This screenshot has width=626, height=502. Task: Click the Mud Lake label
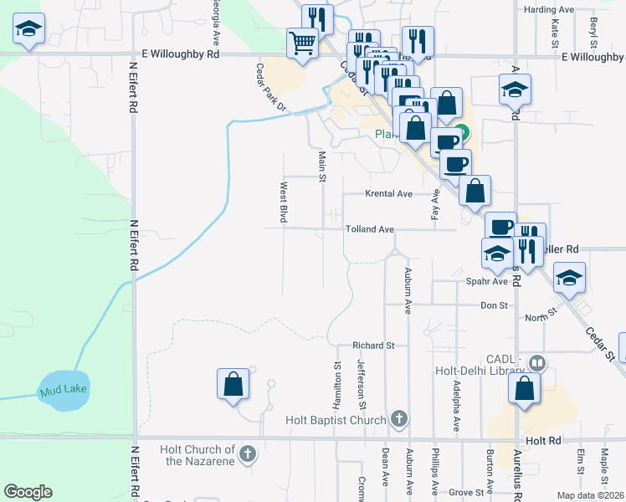pos(63,390)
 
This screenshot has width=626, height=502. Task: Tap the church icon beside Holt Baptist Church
pos(399,419)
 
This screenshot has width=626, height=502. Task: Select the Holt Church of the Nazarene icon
pos(247,454)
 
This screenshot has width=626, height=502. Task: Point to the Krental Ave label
pos(388,194)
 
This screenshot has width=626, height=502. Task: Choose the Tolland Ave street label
pos(368,228)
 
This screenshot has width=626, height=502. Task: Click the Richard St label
pos(373,345)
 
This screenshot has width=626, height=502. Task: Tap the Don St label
pos(494,306)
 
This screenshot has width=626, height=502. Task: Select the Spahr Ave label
pos(483,283)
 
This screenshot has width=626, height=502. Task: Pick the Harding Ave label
pos(548,10)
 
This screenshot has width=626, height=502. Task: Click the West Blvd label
pos(284,202)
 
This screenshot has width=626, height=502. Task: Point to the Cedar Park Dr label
pos(271,88)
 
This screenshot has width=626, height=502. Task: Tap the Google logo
pos(28,492)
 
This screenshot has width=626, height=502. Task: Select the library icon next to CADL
pos(536,363)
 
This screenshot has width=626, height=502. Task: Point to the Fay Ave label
pos(435,203)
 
